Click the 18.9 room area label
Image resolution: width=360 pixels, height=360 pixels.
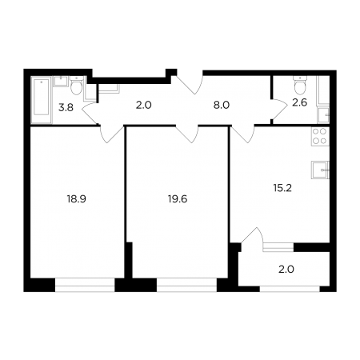pos(77,199)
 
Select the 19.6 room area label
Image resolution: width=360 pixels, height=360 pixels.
pos(178,199)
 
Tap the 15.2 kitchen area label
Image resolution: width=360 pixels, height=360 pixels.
pos(282,188)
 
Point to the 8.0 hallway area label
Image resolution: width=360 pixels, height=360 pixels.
pos(222,105)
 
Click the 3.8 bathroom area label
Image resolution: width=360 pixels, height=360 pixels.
pos(66,108)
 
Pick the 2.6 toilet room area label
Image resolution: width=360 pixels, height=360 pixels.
pos(300,102)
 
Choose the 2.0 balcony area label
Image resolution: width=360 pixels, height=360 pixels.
pos(286,270)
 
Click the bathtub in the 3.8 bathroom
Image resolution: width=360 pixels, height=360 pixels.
pos(42,100)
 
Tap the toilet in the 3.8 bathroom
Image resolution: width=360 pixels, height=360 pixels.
pos(77,86)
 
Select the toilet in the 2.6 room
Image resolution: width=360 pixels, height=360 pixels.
pos(300,86)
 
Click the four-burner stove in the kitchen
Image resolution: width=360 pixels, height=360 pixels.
pos(320,136)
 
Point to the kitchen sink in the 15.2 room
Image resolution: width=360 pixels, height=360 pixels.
pos(320,170)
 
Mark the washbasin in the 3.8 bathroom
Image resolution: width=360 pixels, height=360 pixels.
pos(61,81)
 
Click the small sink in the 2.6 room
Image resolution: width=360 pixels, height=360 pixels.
pos(323,114)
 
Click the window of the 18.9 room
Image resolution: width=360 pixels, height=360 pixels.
pos(85,285)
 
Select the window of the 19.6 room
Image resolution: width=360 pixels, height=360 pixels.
pos(186,285)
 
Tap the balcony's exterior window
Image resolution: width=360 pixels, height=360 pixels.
pos(290,289)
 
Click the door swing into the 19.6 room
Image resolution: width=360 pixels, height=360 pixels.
pos(186,134)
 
